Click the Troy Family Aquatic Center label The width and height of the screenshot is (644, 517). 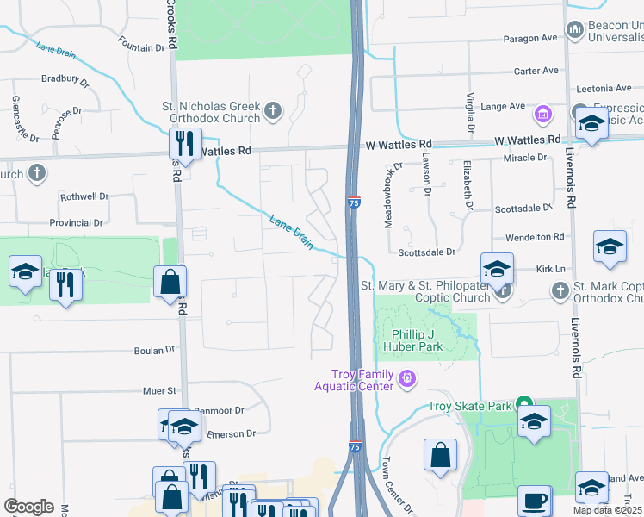point(362,380)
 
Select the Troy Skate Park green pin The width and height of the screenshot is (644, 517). point(522,405)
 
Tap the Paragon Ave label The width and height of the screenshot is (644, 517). point(534,39)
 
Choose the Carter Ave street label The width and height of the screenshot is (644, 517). point(536,72)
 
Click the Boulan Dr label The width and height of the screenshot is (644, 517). point(154,351)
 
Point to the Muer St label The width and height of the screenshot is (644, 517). point(159,390)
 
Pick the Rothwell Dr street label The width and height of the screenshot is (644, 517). point(84,196)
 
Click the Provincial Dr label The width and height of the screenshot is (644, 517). point(76,222)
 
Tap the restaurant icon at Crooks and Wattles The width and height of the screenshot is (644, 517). point(185,141)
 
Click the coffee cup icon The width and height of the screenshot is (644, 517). point(534,499)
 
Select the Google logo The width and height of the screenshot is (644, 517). point(28,507)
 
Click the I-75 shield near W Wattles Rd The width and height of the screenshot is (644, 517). point(354,202)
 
